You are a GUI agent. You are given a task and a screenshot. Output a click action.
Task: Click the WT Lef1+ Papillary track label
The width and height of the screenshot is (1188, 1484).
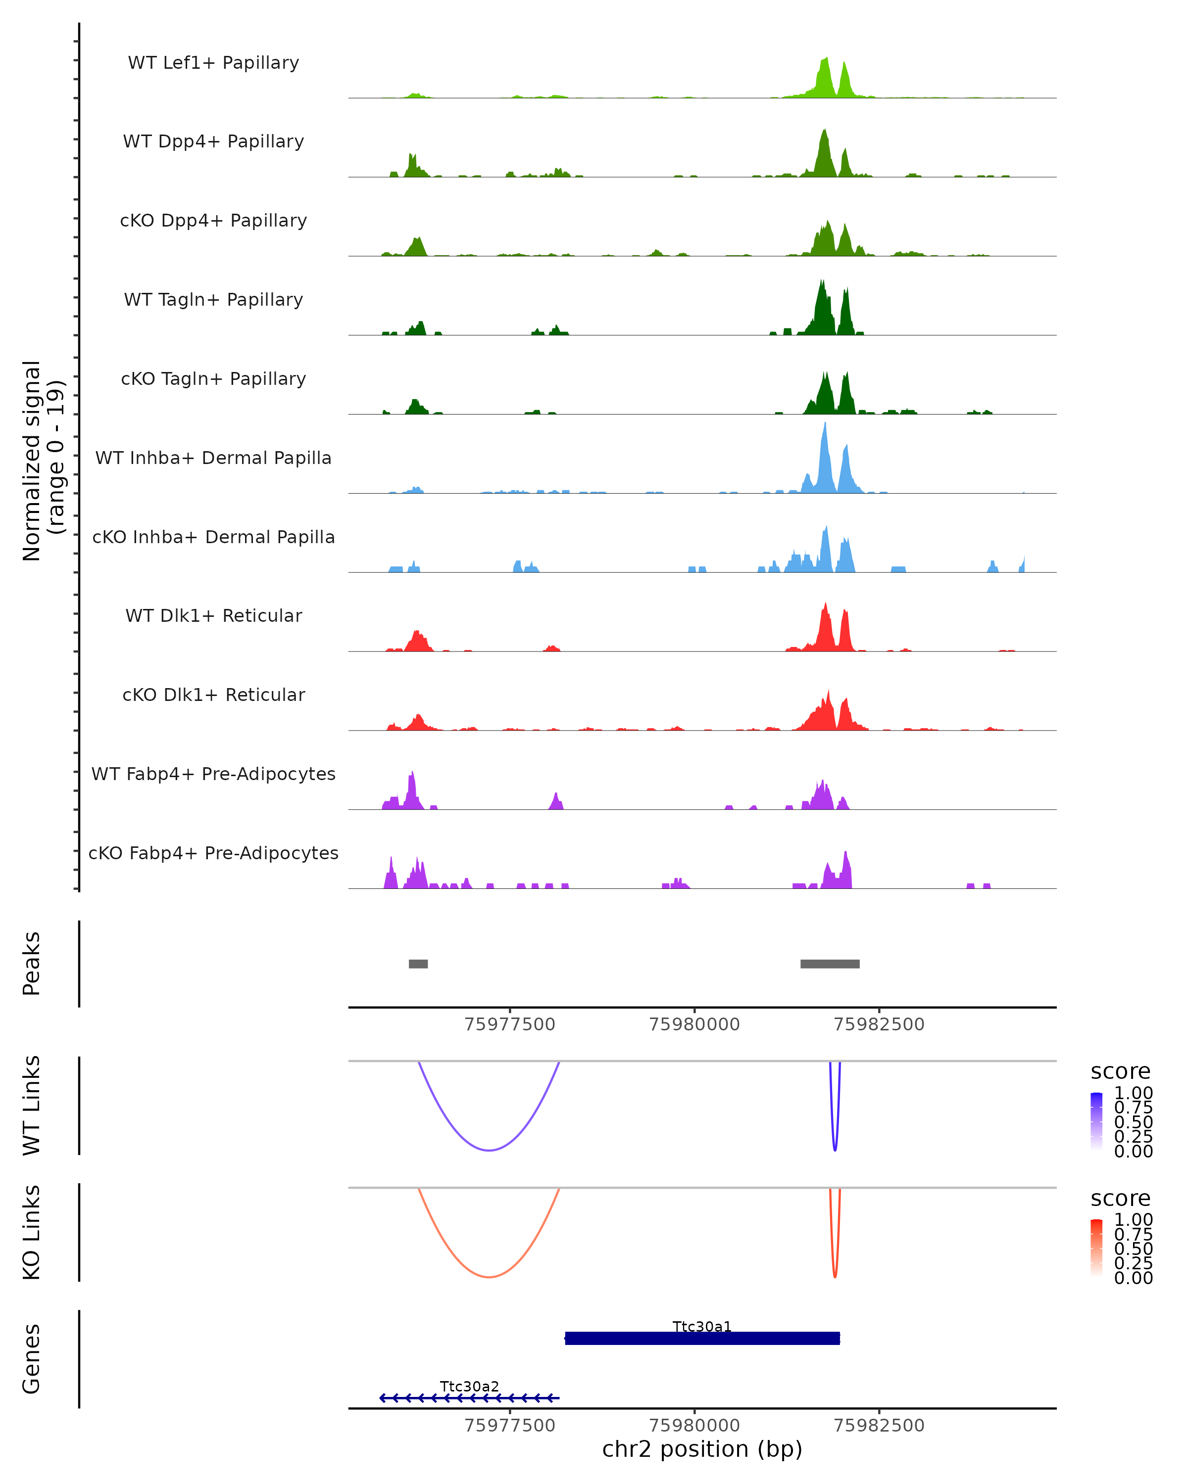pos(213,63)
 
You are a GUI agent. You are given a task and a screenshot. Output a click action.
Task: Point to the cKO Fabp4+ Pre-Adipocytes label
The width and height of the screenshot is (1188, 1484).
pos(213,853)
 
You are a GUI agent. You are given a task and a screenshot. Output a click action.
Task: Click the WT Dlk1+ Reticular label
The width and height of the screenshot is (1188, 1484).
pos(213,615)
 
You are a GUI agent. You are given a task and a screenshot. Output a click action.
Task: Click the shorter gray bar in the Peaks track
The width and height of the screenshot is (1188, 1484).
pos(418,964)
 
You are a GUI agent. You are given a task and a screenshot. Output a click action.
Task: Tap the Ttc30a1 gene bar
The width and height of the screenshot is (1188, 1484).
pos(702,1338)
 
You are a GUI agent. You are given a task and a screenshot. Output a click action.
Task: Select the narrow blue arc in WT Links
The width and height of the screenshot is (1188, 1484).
pos(835,1148)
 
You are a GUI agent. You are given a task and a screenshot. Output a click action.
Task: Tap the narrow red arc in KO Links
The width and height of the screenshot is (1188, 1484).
pos(835,1275)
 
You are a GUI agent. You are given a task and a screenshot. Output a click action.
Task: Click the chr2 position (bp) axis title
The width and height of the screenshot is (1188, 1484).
pos(702,1449)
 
